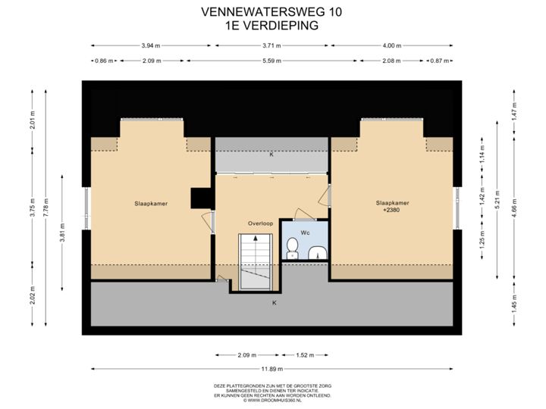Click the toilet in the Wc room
[x=292, y=248]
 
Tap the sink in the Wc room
[x=318, y=252]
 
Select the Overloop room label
[x=260, y=223]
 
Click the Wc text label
[x=305, y=233]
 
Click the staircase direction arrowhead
[x=256, y=239]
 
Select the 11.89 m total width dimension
[x=272, y=369]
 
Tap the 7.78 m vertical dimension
[x=46, y=208]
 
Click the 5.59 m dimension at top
[x=272, y=61]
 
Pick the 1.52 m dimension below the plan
[x=305, y=355]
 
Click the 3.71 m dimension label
[x=271, y=45]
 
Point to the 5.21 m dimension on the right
[x=497, y=200]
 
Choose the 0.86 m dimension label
[x=104, y=61]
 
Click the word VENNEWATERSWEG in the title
[x=262, y=12]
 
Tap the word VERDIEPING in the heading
[x=281, y=26]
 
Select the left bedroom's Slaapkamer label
[x=151, y=204]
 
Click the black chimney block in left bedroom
[x=200, y=198]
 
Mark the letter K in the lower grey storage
[x=275, y=303]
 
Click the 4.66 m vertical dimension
[x=514, y=208]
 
